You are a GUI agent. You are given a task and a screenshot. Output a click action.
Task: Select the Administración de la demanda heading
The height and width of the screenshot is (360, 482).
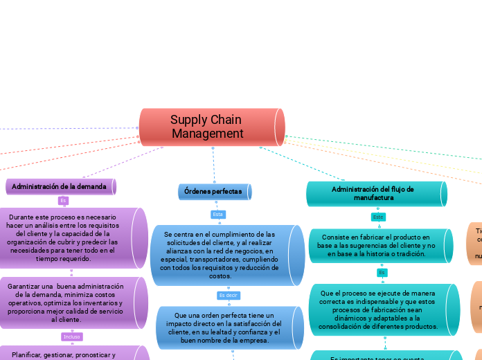(x=60, y=186)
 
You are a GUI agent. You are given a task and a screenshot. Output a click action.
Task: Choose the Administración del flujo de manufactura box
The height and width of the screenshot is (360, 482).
(x=374, y=193)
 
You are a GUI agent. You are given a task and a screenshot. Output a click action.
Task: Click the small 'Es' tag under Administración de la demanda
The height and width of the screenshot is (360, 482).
(x=63, y=201)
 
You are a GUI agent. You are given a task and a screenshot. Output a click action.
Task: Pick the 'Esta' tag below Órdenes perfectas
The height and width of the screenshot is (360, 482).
(x=218, y=214)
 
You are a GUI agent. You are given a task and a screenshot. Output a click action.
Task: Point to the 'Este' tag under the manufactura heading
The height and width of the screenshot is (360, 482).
(x=378, y=217)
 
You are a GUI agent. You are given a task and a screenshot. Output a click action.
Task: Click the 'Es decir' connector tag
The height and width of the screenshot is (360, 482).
(x=228, y=295)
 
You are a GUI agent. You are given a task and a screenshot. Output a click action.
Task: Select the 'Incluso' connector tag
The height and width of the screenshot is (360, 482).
(x=72, y=336)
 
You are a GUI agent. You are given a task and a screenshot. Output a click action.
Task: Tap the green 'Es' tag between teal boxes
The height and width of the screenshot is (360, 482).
(x=382, y=273)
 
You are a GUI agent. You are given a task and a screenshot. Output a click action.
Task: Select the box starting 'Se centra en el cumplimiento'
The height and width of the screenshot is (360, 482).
(x=220, y=255)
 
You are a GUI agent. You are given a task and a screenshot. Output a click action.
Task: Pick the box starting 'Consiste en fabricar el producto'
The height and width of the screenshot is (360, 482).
(x=376, y=245)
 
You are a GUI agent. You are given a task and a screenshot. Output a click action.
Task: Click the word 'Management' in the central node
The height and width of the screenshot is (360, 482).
(x=208, y=134)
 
